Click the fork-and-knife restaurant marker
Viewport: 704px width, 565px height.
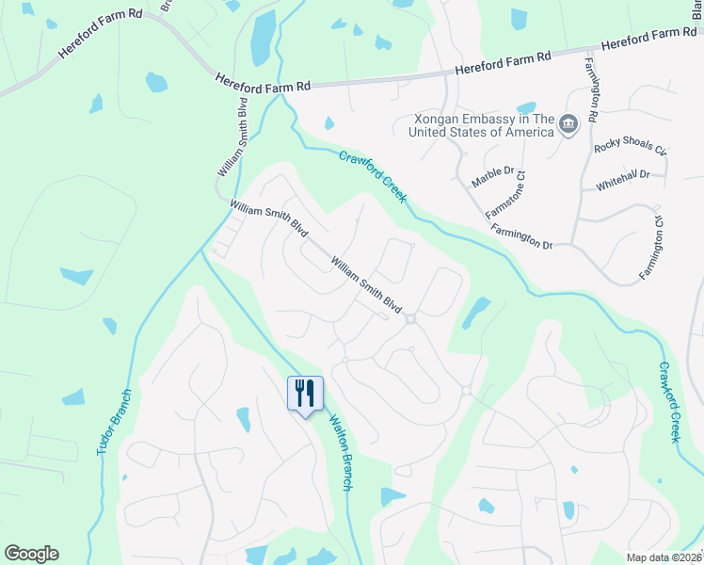(305, 393)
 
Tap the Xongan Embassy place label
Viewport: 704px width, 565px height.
(481, 125)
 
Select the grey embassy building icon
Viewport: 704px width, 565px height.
(568, 124)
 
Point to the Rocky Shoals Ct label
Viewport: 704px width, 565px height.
(630, 149)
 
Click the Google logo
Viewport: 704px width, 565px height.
(31, 554)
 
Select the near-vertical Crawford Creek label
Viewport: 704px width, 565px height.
(668, 402)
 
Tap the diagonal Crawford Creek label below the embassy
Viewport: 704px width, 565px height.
(373, 176)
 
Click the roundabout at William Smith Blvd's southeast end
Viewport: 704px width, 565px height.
(410, 320)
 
